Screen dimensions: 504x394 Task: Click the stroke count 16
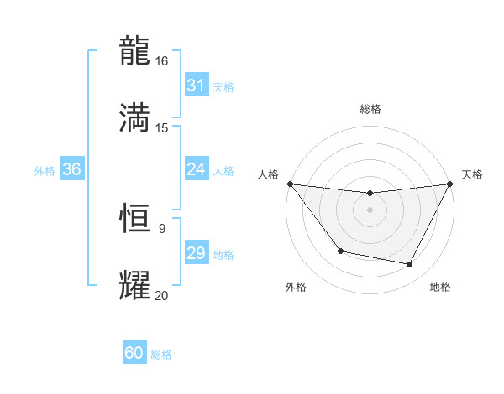pos(162,61)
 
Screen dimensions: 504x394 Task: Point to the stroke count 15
pos(162,128)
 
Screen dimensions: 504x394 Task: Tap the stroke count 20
pos(162,295)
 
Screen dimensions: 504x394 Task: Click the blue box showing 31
pos(196,86)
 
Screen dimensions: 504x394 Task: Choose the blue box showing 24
pos(196,169)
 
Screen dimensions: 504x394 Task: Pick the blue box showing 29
pos(196,253)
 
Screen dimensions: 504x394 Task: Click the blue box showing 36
pos(71,169)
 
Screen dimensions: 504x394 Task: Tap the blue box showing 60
pos(134,353)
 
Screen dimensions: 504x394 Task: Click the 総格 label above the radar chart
pos(370,110)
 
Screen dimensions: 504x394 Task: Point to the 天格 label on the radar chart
pos(472,174)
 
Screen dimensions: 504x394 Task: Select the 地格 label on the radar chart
pos(440,287)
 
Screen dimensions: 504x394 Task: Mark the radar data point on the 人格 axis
pos(290,184)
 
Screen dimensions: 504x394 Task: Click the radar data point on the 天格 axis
pos(450,184)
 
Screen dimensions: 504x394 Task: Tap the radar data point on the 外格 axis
pos(340,251)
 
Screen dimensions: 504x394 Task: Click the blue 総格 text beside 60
pos(161,355)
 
